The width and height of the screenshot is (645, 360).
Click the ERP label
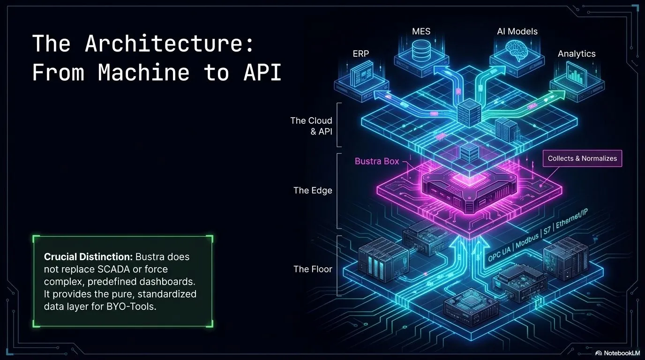(x=361, y=53)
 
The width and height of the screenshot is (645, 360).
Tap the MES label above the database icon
(x=421, y=32)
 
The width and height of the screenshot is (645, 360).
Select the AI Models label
(x=517, y=32)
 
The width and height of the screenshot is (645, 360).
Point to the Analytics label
(x=577, y=53)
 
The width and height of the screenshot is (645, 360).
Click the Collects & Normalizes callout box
(x=582, y=158)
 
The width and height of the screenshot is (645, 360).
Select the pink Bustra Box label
(x=377, y=161)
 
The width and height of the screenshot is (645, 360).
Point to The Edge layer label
(x=313, y=190)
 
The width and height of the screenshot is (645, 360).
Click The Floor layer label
(x=313, y=269)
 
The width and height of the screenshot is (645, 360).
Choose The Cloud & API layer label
(x=312, y=126)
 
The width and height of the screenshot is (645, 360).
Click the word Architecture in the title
(x=169, y=44)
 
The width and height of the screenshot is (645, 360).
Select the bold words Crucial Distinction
(x=88, y=257)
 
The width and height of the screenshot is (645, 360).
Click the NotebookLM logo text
(x=618, y=353)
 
